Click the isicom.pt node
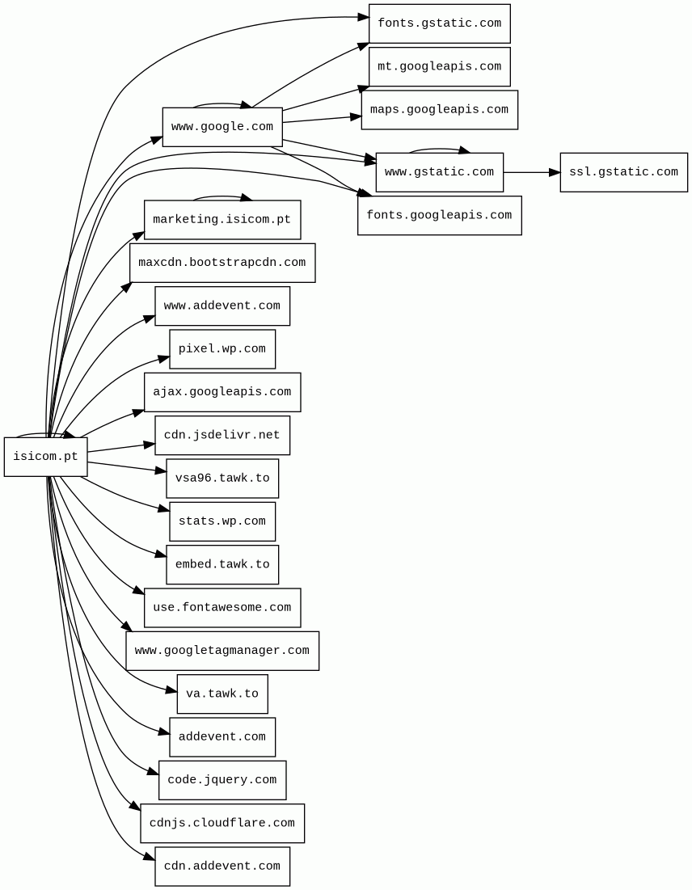[x=45, y=457]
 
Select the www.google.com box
[x=222, y=127]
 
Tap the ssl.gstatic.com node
[x=623, y=172]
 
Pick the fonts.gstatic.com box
[x=439, y=23]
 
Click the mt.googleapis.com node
[x=439, y=66]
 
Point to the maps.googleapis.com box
[x=439, y=110]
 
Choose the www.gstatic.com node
[x=439, y=172]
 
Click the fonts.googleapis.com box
[x=439, y=216]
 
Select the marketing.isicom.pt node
[x=222, y=220]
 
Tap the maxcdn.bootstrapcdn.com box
[x=222, y=263]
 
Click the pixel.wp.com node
[x=222, y=349]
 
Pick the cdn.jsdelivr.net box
[x=222, y=435]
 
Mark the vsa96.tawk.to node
[x=222, y=479]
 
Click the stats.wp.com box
[x=222, y=521]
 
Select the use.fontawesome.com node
[x=222, y=608]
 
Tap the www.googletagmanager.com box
[x=222, y=651]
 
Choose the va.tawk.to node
[x=222, y=694]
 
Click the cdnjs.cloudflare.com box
[x=222, y=824]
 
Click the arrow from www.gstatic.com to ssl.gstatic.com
[x=530, y=172]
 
